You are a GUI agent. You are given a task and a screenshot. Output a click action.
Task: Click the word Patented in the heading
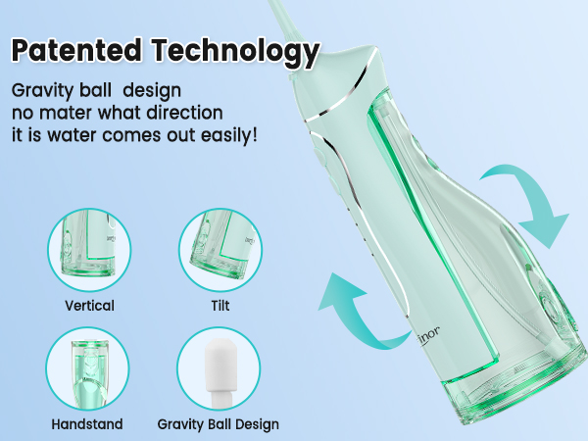point(77,48)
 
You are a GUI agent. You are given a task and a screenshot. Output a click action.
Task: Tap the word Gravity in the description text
point(42,90)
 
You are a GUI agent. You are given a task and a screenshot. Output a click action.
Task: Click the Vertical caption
point(88,306)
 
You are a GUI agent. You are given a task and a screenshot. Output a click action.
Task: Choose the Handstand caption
point(88,424)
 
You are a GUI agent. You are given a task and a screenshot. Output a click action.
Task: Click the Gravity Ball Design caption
point(218,424)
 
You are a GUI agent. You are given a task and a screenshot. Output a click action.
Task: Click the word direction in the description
point(185,112)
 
